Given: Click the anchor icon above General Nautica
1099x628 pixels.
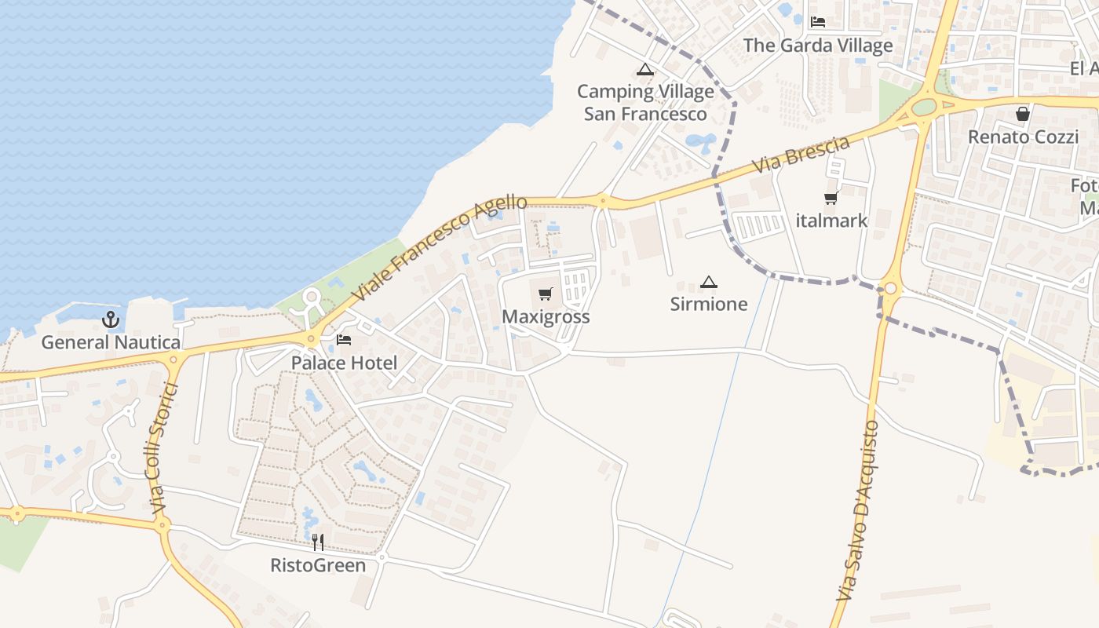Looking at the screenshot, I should point(111,319).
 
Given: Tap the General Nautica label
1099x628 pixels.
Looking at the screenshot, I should point(111,342).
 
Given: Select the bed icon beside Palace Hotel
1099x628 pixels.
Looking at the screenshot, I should point(344,340).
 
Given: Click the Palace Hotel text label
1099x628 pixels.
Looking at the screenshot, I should point(344,363).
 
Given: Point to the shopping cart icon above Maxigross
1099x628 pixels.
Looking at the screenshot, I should point(546,294).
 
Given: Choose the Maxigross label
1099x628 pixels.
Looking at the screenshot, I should point(546,317).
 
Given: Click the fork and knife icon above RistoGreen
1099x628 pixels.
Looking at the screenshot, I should point(318,542).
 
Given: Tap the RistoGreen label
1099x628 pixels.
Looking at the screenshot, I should point(318,565).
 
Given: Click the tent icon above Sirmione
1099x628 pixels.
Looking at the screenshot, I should point(709,282).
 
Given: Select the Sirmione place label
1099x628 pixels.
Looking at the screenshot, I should point(709,304).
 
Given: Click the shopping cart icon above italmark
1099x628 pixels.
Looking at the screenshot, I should point(831,198).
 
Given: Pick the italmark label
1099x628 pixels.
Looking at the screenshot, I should point(831,221).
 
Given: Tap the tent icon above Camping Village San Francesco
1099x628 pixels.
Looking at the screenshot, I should point(645,69).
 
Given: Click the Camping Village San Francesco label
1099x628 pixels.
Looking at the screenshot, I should point(645,103).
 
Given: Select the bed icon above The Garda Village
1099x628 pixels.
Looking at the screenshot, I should point(818,22).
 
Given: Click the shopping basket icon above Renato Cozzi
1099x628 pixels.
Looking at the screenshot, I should point(1023,114).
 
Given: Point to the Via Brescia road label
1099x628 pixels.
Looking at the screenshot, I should point(801,155).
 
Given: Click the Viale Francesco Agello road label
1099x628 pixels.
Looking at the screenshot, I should point(440,248).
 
